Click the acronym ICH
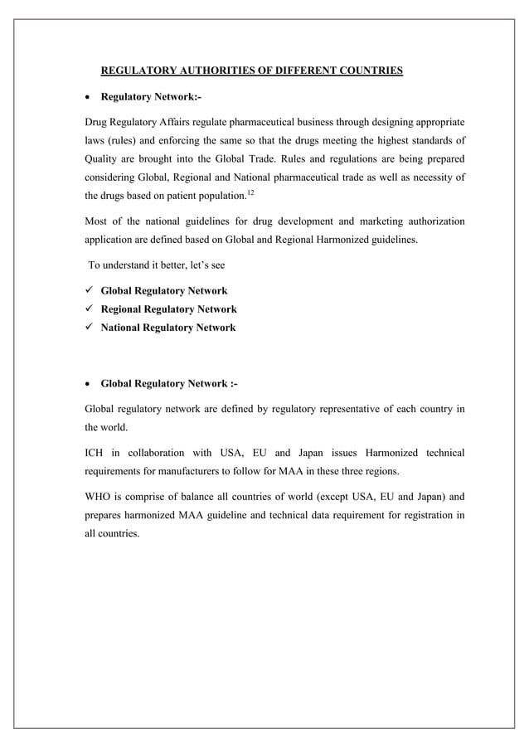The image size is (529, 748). [97, 453]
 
